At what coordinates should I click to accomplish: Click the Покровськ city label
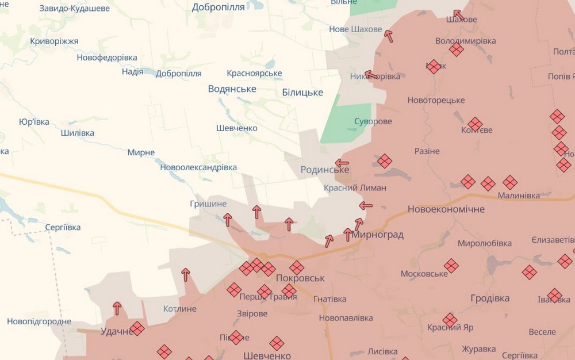click(300, 278)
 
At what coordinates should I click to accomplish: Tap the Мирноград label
click(377, 235)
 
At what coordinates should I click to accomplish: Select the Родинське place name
click(324, 170)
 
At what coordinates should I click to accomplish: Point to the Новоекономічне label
click(446, 209)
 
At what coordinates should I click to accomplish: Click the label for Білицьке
click(302, 93)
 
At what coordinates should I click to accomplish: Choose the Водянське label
click(232, 89)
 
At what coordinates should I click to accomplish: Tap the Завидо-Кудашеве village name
click(74, 9)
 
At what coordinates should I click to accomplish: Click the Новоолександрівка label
click(198, 167)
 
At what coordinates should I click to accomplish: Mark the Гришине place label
click(208, 204)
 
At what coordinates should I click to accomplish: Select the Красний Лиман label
click(355, 187)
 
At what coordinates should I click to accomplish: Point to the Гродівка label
click(490, 298)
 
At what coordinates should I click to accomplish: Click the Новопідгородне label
click(39, 321)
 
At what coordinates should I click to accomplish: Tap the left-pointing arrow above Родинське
click(342, 163)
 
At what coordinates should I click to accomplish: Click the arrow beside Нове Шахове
click(389, 36)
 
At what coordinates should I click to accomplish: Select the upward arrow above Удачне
click(117, 308)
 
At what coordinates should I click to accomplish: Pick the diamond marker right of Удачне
click(137, 329)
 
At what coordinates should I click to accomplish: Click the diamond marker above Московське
click(451, 266)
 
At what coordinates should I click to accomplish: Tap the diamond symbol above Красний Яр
click(450, 320)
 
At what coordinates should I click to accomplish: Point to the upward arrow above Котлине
click(186, 274)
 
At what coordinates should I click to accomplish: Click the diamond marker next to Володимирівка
click(457, 49)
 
